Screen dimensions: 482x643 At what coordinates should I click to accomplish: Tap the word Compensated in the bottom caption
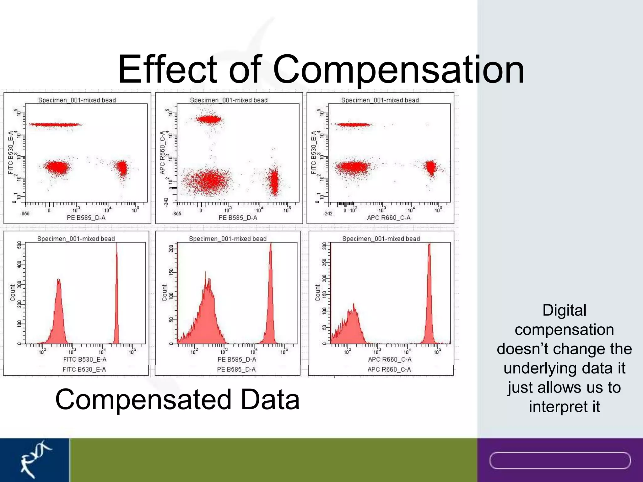pos(143,399)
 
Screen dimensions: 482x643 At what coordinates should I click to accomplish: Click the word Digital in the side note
pos(564,310)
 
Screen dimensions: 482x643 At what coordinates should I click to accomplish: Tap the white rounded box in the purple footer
pos(560,461)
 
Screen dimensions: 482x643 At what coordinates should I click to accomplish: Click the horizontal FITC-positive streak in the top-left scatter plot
pos(55,125)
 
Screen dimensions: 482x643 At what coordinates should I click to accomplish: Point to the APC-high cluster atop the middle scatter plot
pos(208,119)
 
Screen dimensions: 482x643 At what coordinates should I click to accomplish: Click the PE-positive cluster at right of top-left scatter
pos(122,168)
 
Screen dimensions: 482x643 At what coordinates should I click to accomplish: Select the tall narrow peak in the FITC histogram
pos(116,298)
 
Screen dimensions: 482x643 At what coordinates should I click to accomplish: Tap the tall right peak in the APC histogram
pos(429,298)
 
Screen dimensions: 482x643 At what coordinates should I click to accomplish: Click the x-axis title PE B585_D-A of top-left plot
pos(86,218)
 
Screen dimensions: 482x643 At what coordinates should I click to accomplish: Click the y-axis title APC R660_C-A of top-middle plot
pos(162,152)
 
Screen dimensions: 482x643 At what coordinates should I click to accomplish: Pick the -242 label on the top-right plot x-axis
pos(327,214)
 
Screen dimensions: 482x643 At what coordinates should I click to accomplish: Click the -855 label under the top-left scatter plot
pos(25,214)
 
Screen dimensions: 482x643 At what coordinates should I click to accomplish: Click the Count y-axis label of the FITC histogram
pos(13,293)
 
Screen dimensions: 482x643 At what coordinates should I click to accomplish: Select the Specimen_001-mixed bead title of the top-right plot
pos(380,100)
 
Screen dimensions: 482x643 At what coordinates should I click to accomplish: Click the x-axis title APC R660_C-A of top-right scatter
pos(389,218)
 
